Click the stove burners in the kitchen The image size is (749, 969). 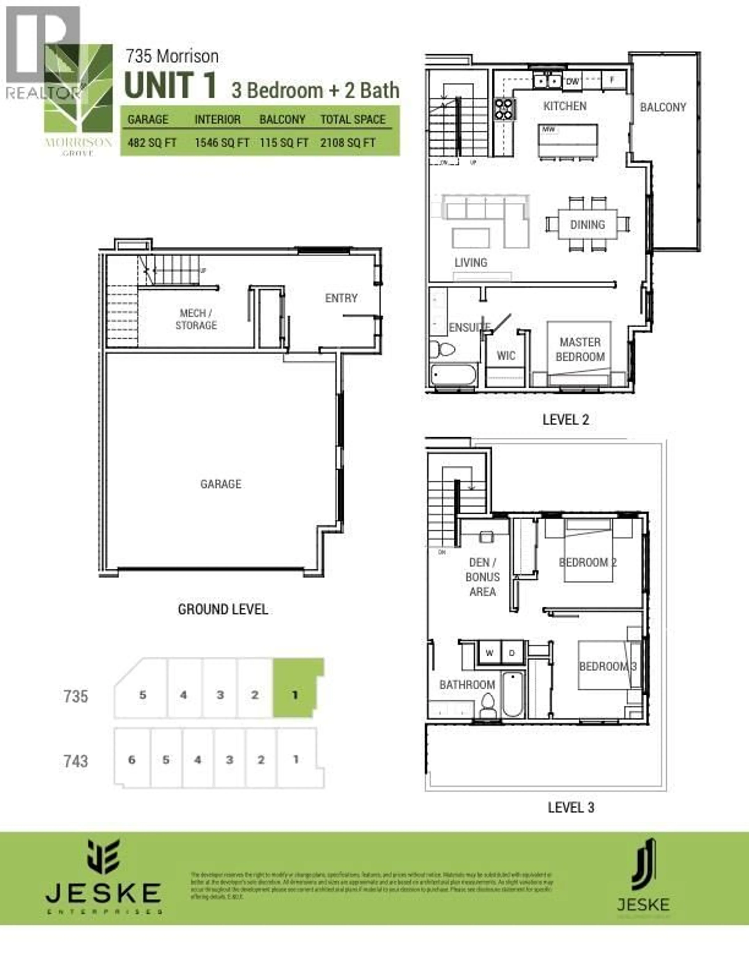505,109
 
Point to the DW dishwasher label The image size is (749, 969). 572,81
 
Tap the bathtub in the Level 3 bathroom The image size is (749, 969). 513,694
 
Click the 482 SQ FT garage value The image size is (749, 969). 152,143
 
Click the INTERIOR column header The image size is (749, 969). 217,119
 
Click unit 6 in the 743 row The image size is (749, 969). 132,760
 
